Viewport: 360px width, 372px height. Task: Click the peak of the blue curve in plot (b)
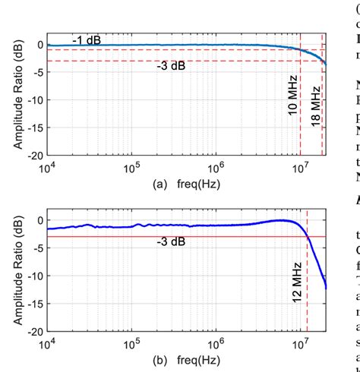click(283, 220)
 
